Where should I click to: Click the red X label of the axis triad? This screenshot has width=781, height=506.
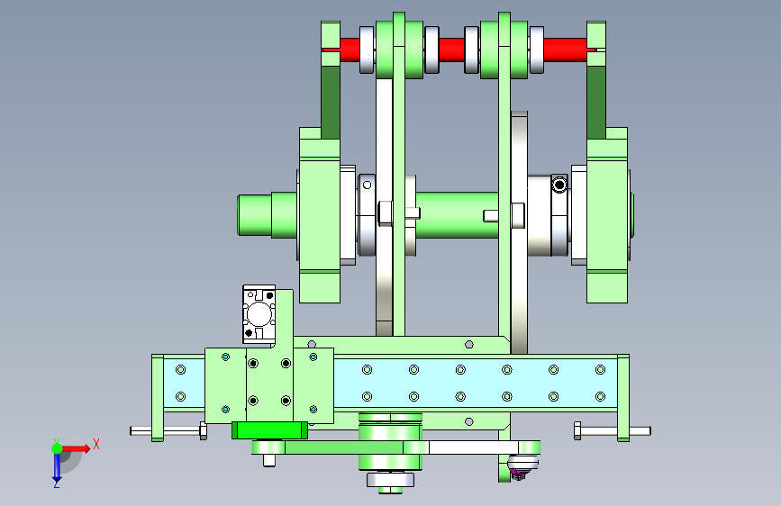click(x=96, y=444)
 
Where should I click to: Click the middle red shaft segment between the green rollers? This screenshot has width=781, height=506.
click(x=452, y=50)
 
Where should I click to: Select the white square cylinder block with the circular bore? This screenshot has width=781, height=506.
click(x=259, y=314)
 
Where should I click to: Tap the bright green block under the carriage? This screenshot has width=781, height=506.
click(x=269, y=430)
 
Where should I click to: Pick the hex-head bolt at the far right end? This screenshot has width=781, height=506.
click(x=613, y=430)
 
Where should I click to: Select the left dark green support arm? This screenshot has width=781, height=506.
click(x=331, y=103)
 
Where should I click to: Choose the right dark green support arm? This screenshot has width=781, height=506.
click(x=596, y=103)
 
